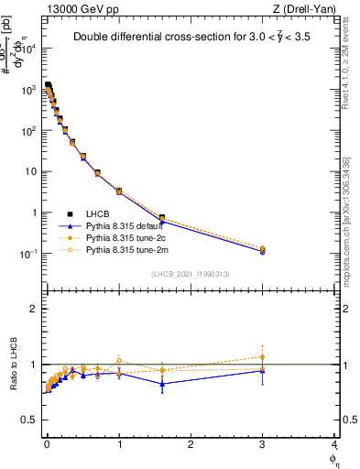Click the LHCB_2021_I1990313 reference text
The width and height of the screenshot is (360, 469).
pyautogui.click(x=190, y=274)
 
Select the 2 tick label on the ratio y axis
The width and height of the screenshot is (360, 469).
pyautogui.click(x=34, y=309)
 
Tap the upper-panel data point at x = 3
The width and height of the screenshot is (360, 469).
pyautogui.click(x=263, y=249)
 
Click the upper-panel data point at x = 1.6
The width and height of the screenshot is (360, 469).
pyautogui.click(x=162, y=218)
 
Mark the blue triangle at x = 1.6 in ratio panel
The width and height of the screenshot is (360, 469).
pyautogui.click(x=162, y=384)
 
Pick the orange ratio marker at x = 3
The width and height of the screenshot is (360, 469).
pyautogui.click(x=263, y=357)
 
